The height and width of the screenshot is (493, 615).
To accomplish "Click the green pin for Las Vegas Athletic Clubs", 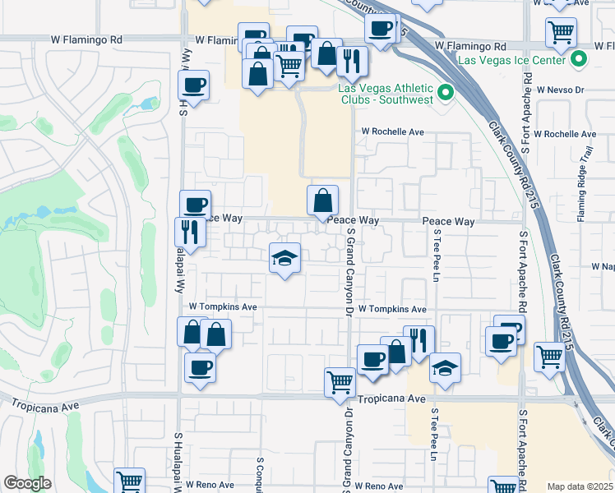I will tap(446, 93).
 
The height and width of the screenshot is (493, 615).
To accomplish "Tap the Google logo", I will tap(27, 483).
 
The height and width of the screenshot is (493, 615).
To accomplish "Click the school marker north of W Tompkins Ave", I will tap(284, 259).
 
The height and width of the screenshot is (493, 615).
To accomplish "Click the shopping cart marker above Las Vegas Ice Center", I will tap(562, 32).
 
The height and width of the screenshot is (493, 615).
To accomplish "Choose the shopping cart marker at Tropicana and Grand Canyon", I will tap(340, 381).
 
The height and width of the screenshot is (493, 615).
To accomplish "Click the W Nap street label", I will tap(603, 267).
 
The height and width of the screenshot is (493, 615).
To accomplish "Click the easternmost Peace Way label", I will tap(449, 222).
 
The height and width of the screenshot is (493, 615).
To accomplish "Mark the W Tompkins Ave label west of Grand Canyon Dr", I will tap(223, 306).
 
